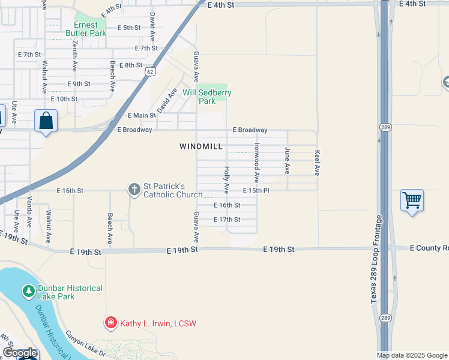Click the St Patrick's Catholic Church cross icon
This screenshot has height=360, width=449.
click(x=134, y=190)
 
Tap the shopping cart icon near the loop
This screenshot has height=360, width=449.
click(x=412, y=200)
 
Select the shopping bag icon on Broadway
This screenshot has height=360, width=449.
click(x=46, y=121)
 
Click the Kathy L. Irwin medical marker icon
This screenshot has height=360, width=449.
click(x=110, y=323)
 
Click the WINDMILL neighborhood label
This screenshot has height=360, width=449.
click(x=201, y=146)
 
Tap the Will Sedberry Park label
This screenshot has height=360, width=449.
click(x=207, y=97)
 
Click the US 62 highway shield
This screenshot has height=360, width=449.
click(x=149, y=71)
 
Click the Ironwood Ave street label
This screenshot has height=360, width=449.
click(x=257, y=162)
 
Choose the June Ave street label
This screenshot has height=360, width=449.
click(x=288, y=161)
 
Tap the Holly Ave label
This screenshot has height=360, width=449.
click(x=227, y=180)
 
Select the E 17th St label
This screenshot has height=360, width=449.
click(x=227, y=220)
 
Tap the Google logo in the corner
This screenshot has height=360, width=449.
click(x=20, y=353)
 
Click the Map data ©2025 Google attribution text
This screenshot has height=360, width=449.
click(x=412, y=355)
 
